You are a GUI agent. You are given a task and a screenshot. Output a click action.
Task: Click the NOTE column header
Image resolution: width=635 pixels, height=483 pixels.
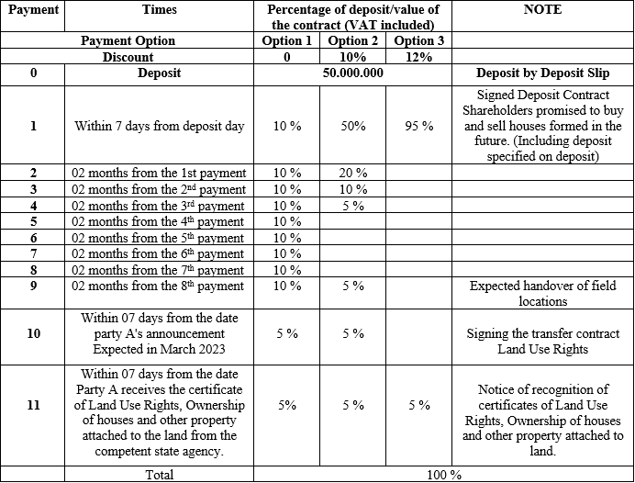(542, 10)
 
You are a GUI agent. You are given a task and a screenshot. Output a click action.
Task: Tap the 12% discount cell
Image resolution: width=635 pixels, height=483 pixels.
(418, 57)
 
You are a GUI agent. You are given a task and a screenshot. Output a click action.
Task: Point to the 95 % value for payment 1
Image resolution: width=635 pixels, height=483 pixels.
(418, 126)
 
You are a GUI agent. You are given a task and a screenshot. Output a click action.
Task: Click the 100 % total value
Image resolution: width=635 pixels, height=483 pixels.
(444, 475)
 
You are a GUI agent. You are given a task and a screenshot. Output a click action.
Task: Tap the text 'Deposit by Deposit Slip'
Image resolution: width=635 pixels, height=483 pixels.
(542, 73)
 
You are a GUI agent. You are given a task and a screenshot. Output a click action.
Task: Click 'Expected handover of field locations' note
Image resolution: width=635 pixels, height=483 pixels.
(542, 293)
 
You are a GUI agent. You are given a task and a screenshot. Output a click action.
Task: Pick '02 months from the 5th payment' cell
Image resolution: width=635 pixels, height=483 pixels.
(159, 237)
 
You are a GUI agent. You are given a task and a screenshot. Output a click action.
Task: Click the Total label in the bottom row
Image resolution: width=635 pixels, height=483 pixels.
(160, 475)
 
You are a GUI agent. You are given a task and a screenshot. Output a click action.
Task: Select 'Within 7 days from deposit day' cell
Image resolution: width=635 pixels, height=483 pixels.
(159, 126)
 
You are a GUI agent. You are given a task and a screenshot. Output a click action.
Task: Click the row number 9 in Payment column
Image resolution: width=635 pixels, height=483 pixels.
(33, 286)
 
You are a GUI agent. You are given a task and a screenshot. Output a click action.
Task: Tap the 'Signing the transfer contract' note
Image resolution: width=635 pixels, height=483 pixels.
(542, 335)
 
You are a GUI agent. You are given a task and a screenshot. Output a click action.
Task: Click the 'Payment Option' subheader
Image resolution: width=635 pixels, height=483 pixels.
(128, 41)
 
